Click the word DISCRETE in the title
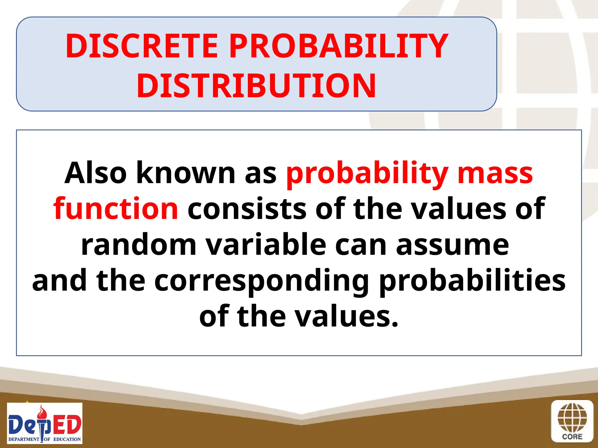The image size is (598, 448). point(142,46)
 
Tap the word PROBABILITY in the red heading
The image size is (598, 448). point(338,46)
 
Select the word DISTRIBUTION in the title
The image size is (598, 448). point(256,86)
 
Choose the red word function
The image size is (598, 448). point(116,209)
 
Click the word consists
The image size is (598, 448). point(247,209)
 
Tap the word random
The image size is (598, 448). point(139,245)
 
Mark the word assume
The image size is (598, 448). point(452,245)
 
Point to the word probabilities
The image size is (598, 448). point(472,281)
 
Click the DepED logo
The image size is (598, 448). point(45,423)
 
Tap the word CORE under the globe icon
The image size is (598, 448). point(572,437)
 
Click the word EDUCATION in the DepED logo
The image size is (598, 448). point(67,439)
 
